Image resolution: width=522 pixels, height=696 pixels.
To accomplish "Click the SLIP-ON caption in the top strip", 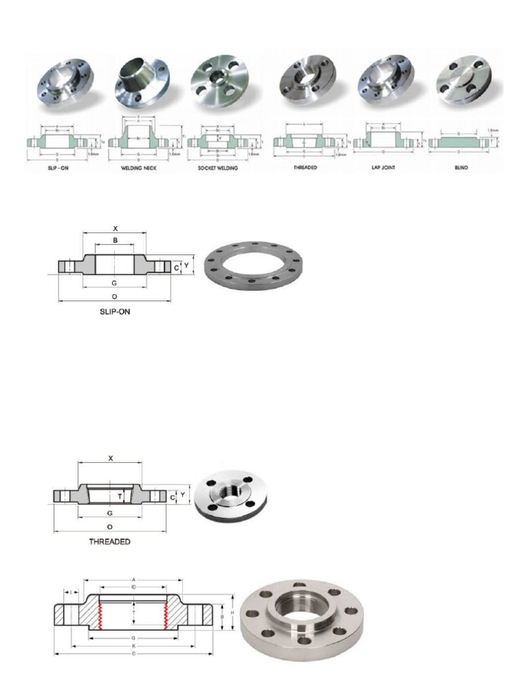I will (56, 167).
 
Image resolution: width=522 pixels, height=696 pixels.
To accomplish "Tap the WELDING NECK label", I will (135, 167).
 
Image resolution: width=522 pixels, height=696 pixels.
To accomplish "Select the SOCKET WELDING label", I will (218, 167).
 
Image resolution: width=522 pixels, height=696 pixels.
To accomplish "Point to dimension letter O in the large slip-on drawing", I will (114, 297).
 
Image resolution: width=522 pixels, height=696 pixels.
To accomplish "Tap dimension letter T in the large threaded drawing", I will (120, 496).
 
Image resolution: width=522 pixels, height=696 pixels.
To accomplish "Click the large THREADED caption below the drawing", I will (110, 542).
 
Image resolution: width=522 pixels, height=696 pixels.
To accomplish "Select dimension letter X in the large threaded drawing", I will (110, 458).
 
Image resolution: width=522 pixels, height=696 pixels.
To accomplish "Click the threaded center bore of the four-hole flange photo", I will (228, 491).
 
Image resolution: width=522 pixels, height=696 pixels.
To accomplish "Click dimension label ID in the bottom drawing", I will (135, 585).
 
